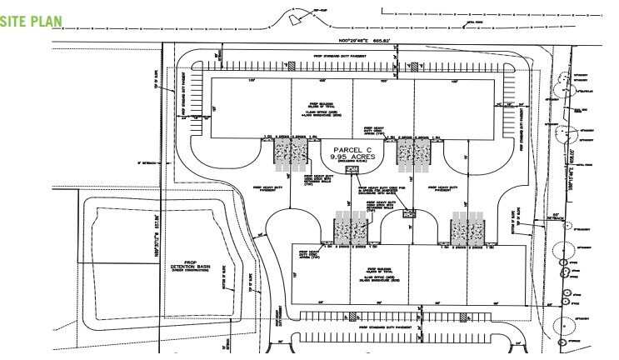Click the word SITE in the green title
(15, 22)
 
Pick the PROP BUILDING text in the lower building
(361, 272)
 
